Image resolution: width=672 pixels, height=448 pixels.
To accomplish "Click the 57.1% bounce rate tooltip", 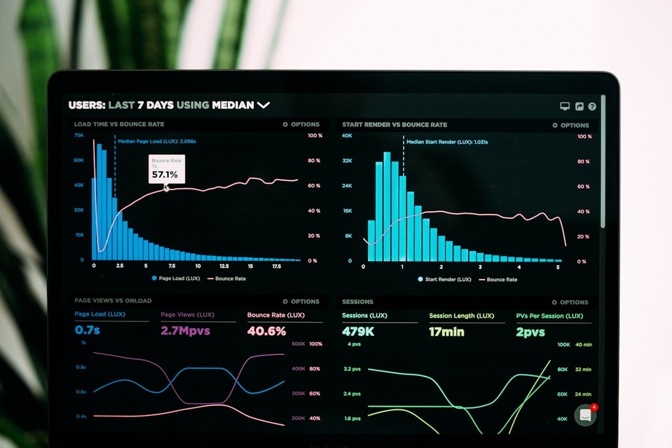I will pos(165,169).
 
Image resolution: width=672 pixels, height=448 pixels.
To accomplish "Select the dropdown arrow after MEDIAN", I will pos(263,105).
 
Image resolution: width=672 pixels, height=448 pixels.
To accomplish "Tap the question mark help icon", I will pos(592,106).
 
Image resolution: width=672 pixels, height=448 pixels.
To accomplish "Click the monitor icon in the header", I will pos(564,106).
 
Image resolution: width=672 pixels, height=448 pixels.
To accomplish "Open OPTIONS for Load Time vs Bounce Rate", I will pos(301,124).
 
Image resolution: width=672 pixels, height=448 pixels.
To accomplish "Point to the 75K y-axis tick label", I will pos(79,135).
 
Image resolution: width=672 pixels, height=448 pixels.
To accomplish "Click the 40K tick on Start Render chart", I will pos(347,136).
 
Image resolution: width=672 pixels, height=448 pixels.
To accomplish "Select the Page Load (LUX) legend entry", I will pos(176,278).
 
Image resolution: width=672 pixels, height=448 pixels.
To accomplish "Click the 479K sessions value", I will pos(358,332).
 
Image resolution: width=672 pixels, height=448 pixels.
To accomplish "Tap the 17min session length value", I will pos(446,332).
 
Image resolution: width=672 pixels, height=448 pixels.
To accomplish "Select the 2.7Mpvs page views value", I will pos(186,331).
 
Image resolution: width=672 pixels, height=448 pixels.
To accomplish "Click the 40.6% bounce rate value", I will pos(266,331).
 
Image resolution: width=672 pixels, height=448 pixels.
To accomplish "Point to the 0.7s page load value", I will pos(87,330).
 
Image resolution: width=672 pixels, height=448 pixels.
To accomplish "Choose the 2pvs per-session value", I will pos(530,332).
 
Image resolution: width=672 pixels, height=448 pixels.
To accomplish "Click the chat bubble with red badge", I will pos(585,415).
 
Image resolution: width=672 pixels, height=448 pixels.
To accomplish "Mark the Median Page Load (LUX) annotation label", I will pos(157,141).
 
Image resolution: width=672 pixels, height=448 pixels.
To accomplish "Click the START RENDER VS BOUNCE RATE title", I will pos(394,125).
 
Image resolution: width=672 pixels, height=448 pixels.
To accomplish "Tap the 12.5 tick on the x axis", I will pos(224,266).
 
